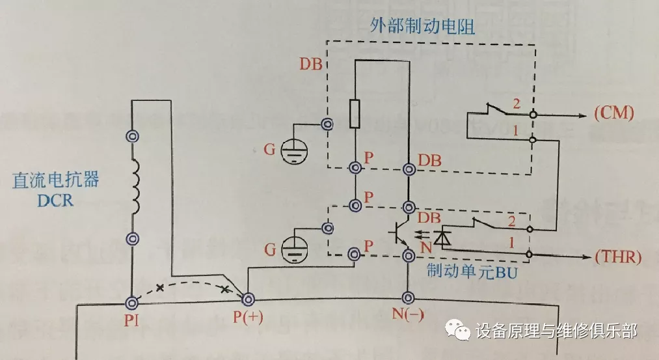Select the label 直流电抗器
coord(56,180)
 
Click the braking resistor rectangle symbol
coord(355,114)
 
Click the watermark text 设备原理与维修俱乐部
coord(556,331)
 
